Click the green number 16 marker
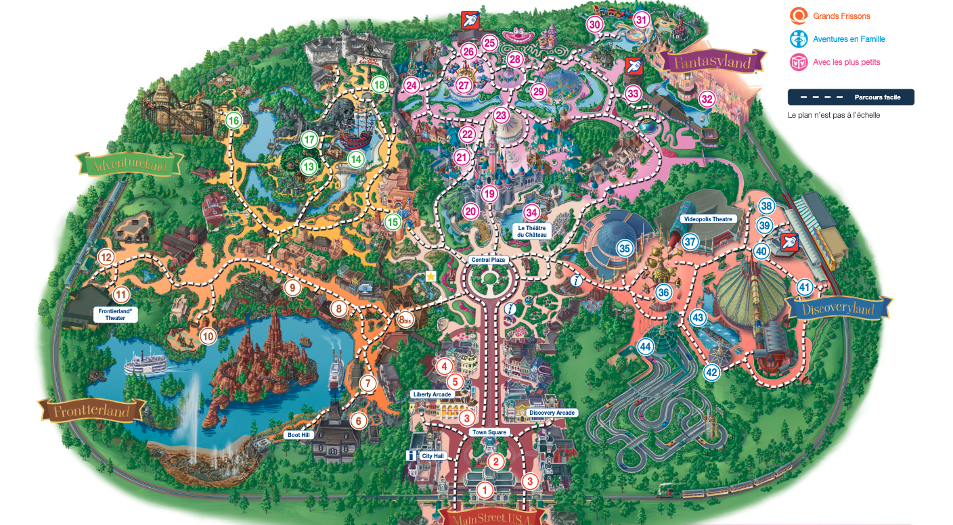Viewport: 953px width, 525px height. [x=234, y=121]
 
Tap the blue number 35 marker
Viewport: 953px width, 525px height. [x=624, y=248]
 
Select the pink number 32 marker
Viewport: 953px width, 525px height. [x=707, y=99]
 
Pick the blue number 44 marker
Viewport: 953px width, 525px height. [x=645, y=347]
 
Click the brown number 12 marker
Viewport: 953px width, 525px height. [x=106, y=257]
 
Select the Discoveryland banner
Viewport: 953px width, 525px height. [x=839, y=309]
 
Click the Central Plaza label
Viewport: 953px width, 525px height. [x=488, y=260]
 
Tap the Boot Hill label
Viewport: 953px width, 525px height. [x=298, y=435]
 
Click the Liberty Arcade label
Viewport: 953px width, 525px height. [x=430, y=394]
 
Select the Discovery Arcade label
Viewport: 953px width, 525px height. [x=552, y=413]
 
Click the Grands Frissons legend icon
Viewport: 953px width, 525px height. [x=799, y=16]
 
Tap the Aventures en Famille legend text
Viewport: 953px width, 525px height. [x=849, y=39]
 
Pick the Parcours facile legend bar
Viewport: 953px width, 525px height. [x=851, y=97]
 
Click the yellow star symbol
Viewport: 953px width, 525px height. [x=430, y=276]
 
